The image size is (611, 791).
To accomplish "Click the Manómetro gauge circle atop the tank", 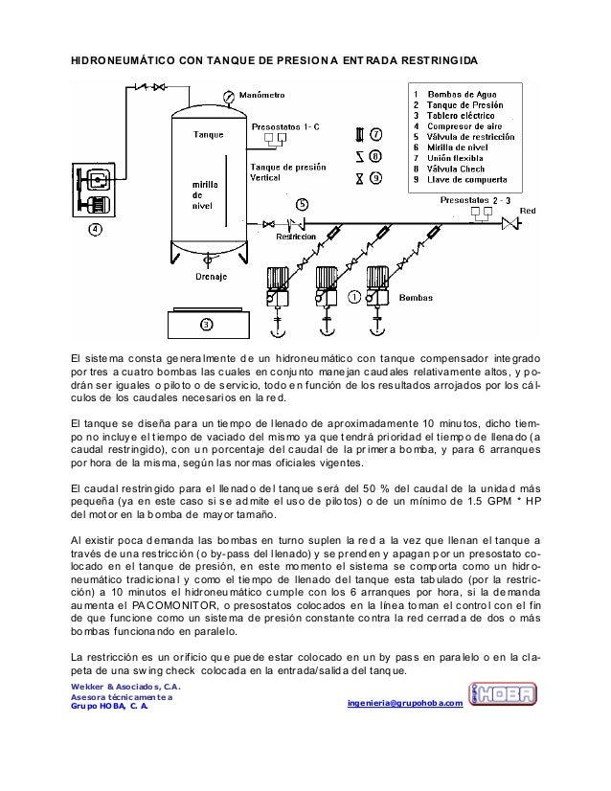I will coord(227,96).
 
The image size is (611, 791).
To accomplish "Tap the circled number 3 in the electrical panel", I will coord(206,323).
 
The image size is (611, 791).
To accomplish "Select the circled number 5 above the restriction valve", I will coord(302,204).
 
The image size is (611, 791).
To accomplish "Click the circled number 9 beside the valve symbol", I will coord(376,176).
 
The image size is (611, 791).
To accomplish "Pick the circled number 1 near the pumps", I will coord(354,297).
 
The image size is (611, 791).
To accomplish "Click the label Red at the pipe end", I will coord(527,210).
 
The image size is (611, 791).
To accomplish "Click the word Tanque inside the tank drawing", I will coord(209,134).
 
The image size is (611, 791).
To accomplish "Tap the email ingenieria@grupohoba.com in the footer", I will coord(408,705).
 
